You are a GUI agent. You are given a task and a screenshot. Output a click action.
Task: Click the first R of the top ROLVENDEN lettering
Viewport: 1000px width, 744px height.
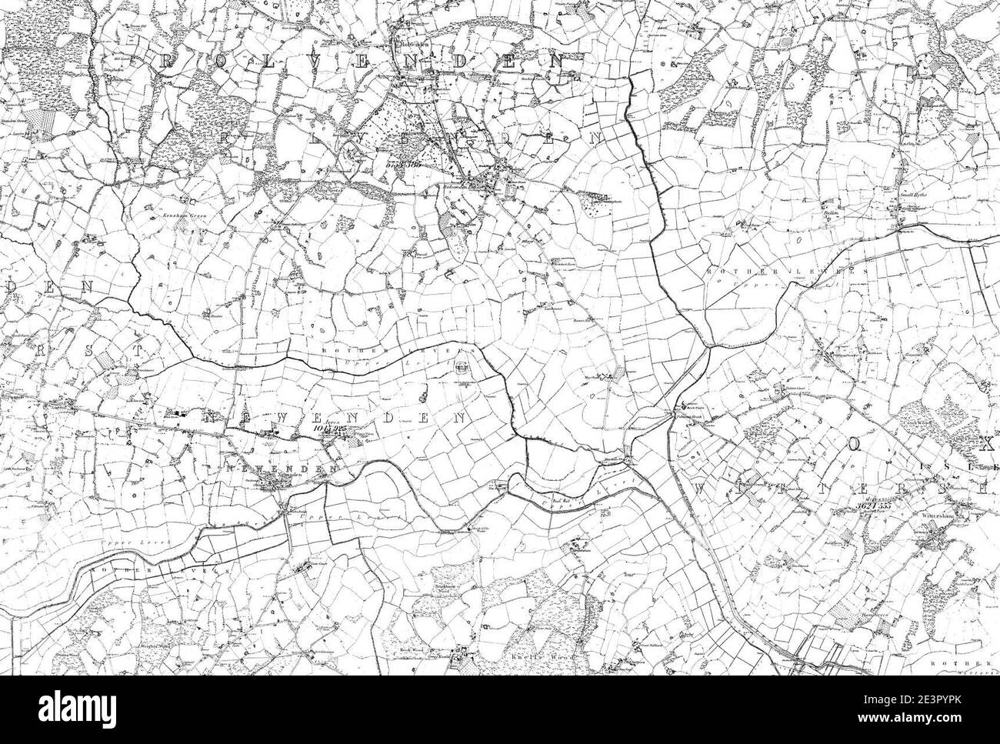point(165,62)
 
